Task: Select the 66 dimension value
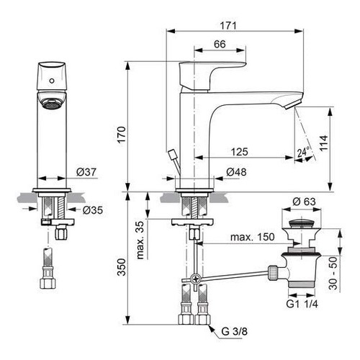tap(220, 45)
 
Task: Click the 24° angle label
tap(303, 153)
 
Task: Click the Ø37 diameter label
tap(86, 173)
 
